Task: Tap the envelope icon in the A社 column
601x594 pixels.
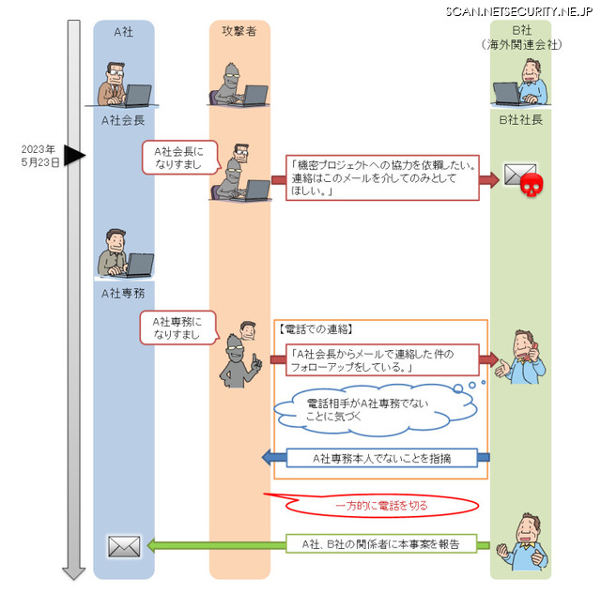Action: point(124,545)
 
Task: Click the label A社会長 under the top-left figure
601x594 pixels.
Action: point(124,120)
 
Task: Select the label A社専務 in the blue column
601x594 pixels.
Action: point(124,293)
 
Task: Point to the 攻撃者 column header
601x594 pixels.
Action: point(239,32)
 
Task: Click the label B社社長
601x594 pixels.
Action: point(519,120)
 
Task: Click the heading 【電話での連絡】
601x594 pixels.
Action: point(316,329)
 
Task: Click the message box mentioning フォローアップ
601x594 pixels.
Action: point(381,360)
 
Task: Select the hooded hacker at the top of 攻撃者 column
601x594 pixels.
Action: point(239,83)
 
